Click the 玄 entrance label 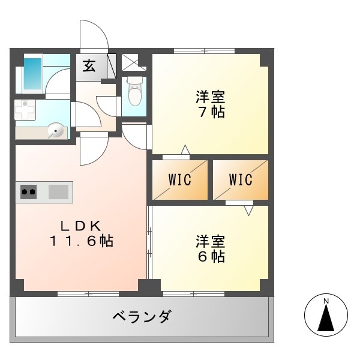coord(89,65)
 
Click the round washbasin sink coord(56,130)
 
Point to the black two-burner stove coord(28,192)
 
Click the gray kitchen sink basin coord(58,192)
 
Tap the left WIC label coord(179,179)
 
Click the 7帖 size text coord(211,112)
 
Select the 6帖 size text coord(210,257)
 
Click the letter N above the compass coord(326,301)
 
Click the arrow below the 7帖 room coord(185,149)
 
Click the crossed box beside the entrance coord(130,62)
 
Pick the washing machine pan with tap coord(25,112)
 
